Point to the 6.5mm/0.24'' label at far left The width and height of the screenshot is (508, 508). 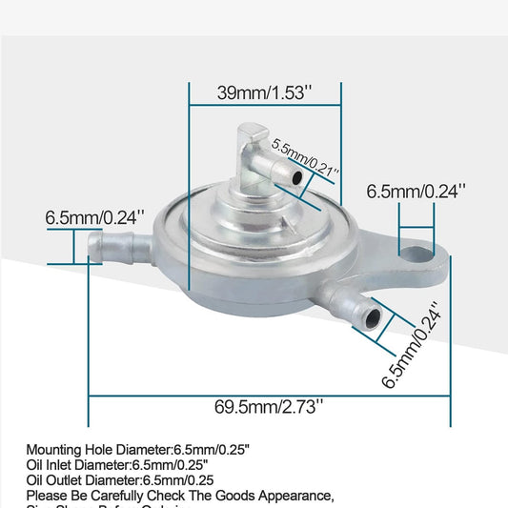(92, 217)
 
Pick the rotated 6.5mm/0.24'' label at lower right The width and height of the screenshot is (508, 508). (412, 346)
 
